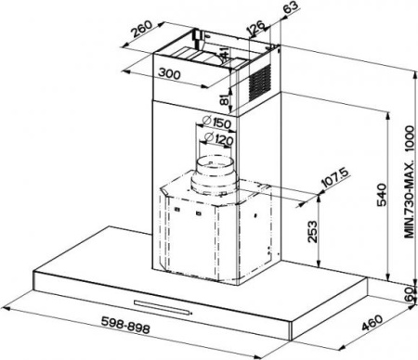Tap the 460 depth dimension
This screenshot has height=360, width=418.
(x=372, y=322)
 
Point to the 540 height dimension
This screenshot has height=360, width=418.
(x=382, y=195)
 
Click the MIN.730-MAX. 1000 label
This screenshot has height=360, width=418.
(x=409, y=182)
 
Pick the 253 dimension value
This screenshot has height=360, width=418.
(x=312, y=232)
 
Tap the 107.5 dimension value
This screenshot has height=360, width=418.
(x=335, y=177)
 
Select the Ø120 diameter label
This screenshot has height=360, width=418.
(x=219, y=138)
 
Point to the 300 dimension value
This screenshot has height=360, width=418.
(x=169, y=73)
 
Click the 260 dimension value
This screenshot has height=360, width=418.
(x=141, y=29)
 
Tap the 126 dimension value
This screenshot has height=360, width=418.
(x=255, y=28)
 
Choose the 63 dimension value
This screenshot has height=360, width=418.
(x=291, y=6)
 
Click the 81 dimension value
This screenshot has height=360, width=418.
(x=225, y=99)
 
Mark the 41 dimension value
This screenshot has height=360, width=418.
(x=224, y=53)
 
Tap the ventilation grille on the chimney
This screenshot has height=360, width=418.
(x=260, y=82)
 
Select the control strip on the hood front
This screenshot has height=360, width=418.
(x=162, y=307)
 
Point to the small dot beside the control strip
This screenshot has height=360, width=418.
(x=191, y=314)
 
